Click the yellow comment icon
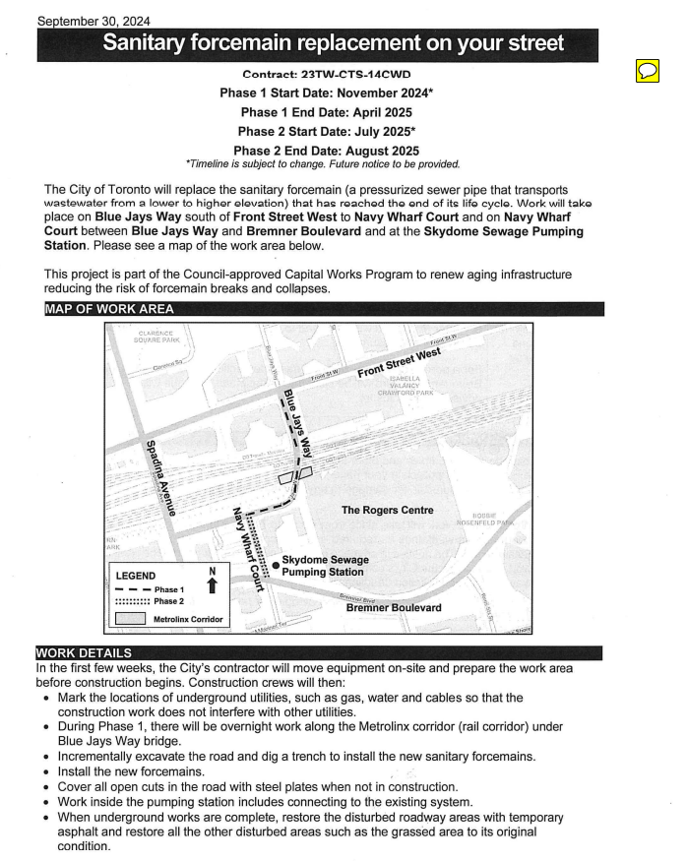(x=648, y=71)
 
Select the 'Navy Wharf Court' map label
(x=248, y=547)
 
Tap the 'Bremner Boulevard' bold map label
(x=394, y=608)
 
